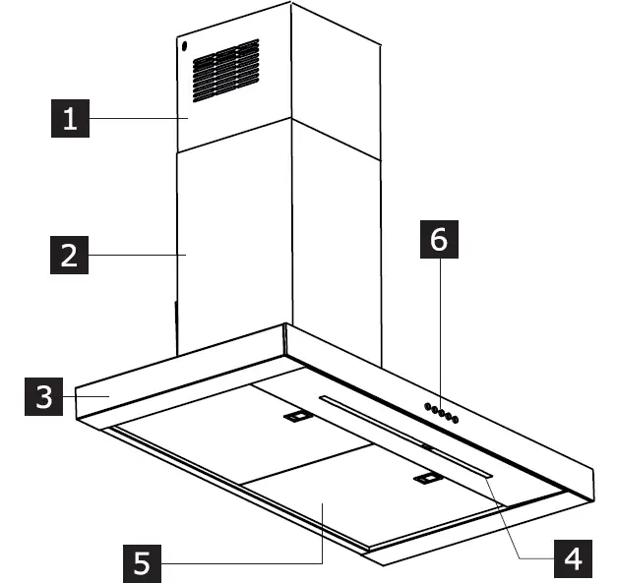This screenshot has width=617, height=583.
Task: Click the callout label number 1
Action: click(x=69, y=120)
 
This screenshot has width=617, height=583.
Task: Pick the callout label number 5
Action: click(x=144, y=562)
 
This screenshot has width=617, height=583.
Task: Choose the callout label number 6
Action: click(x=439, y=240)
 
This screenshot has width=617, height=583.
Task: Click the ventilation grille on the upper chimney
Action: click(x=225, y=70)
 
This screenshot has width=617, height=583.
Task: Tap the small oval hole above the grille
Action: click(x=184, y=47)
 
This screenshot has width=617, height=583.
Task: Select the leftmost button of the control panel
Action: click(x=427, y=406)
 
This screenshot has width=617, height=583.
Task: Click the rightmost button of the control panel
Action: click(x=457, y=421)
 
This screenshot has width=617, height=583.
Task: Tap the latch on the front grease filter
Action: click(x=427, y=479)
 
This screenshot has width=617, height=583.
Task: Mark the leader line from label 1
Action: click(x=138, y=119)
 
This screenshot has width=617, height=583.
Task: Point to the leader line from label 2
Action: click(x=138, y=256)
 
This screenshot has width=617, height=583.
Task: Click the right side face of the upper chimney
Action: click(x=335, y=79)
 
